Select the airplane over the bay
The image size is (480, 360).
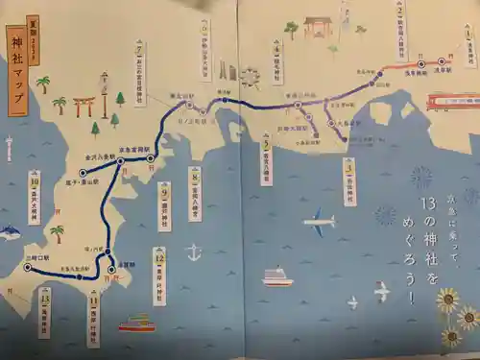pos(319,224)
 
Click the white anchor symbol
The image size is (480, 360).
pos(194,252)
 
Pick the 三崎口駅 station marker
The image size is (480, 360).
pos(28,267)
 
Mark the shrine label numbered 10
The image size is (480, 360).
pos(35,195)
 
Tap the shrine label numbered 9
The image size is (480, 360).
pos(164,204)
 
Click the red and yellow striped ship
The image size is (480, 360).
pos(136,324)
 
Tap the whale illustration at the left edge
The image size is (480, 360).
pos(9,230)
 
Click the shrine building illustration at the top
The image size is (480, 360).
pos(318,26)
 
